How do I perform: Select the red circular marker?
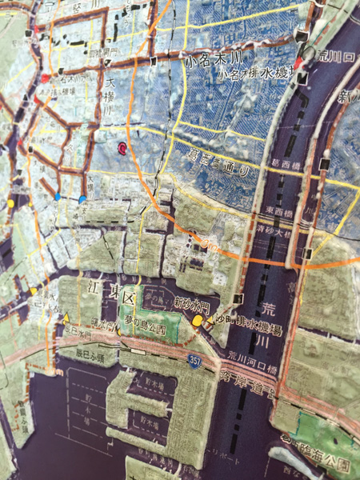(122, 148)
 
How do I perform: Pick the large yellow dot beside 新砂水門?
(198, 321)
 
